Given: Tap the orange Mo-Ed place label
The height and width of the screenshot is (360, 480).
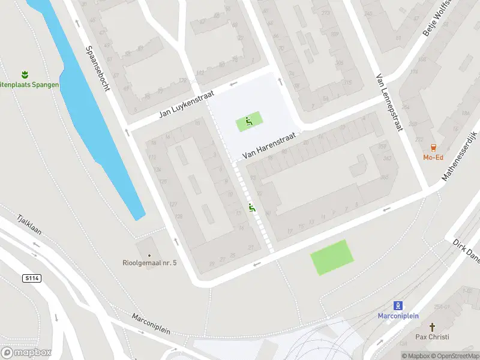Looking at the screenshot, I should tap(433, 158).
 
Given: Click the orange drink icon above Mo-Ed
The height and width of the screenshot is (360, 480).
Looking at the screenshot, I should tap(433, 148).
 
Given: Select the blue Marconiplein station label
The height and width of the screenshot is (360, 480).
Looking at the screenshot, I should tap(398, 316).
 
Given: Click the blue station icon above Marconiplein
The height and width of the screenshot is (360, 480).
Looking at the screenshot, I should tap(398, 305).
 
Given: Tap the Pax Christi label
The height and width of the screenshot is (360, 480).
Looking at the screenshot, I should tap(432, 337).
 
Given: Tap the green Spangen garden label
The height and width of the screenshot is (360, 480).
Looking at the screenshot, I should tap(30, 85).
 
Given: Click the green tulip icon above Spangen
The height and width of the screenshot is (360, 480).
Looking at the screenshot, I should tap(25, 74).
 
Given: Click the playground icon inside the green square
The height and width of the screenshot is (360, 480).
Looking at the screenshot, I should tap(248, 122).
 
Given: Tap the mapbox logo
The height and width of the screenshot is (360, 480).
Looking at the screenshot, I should tap(26, 352).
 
